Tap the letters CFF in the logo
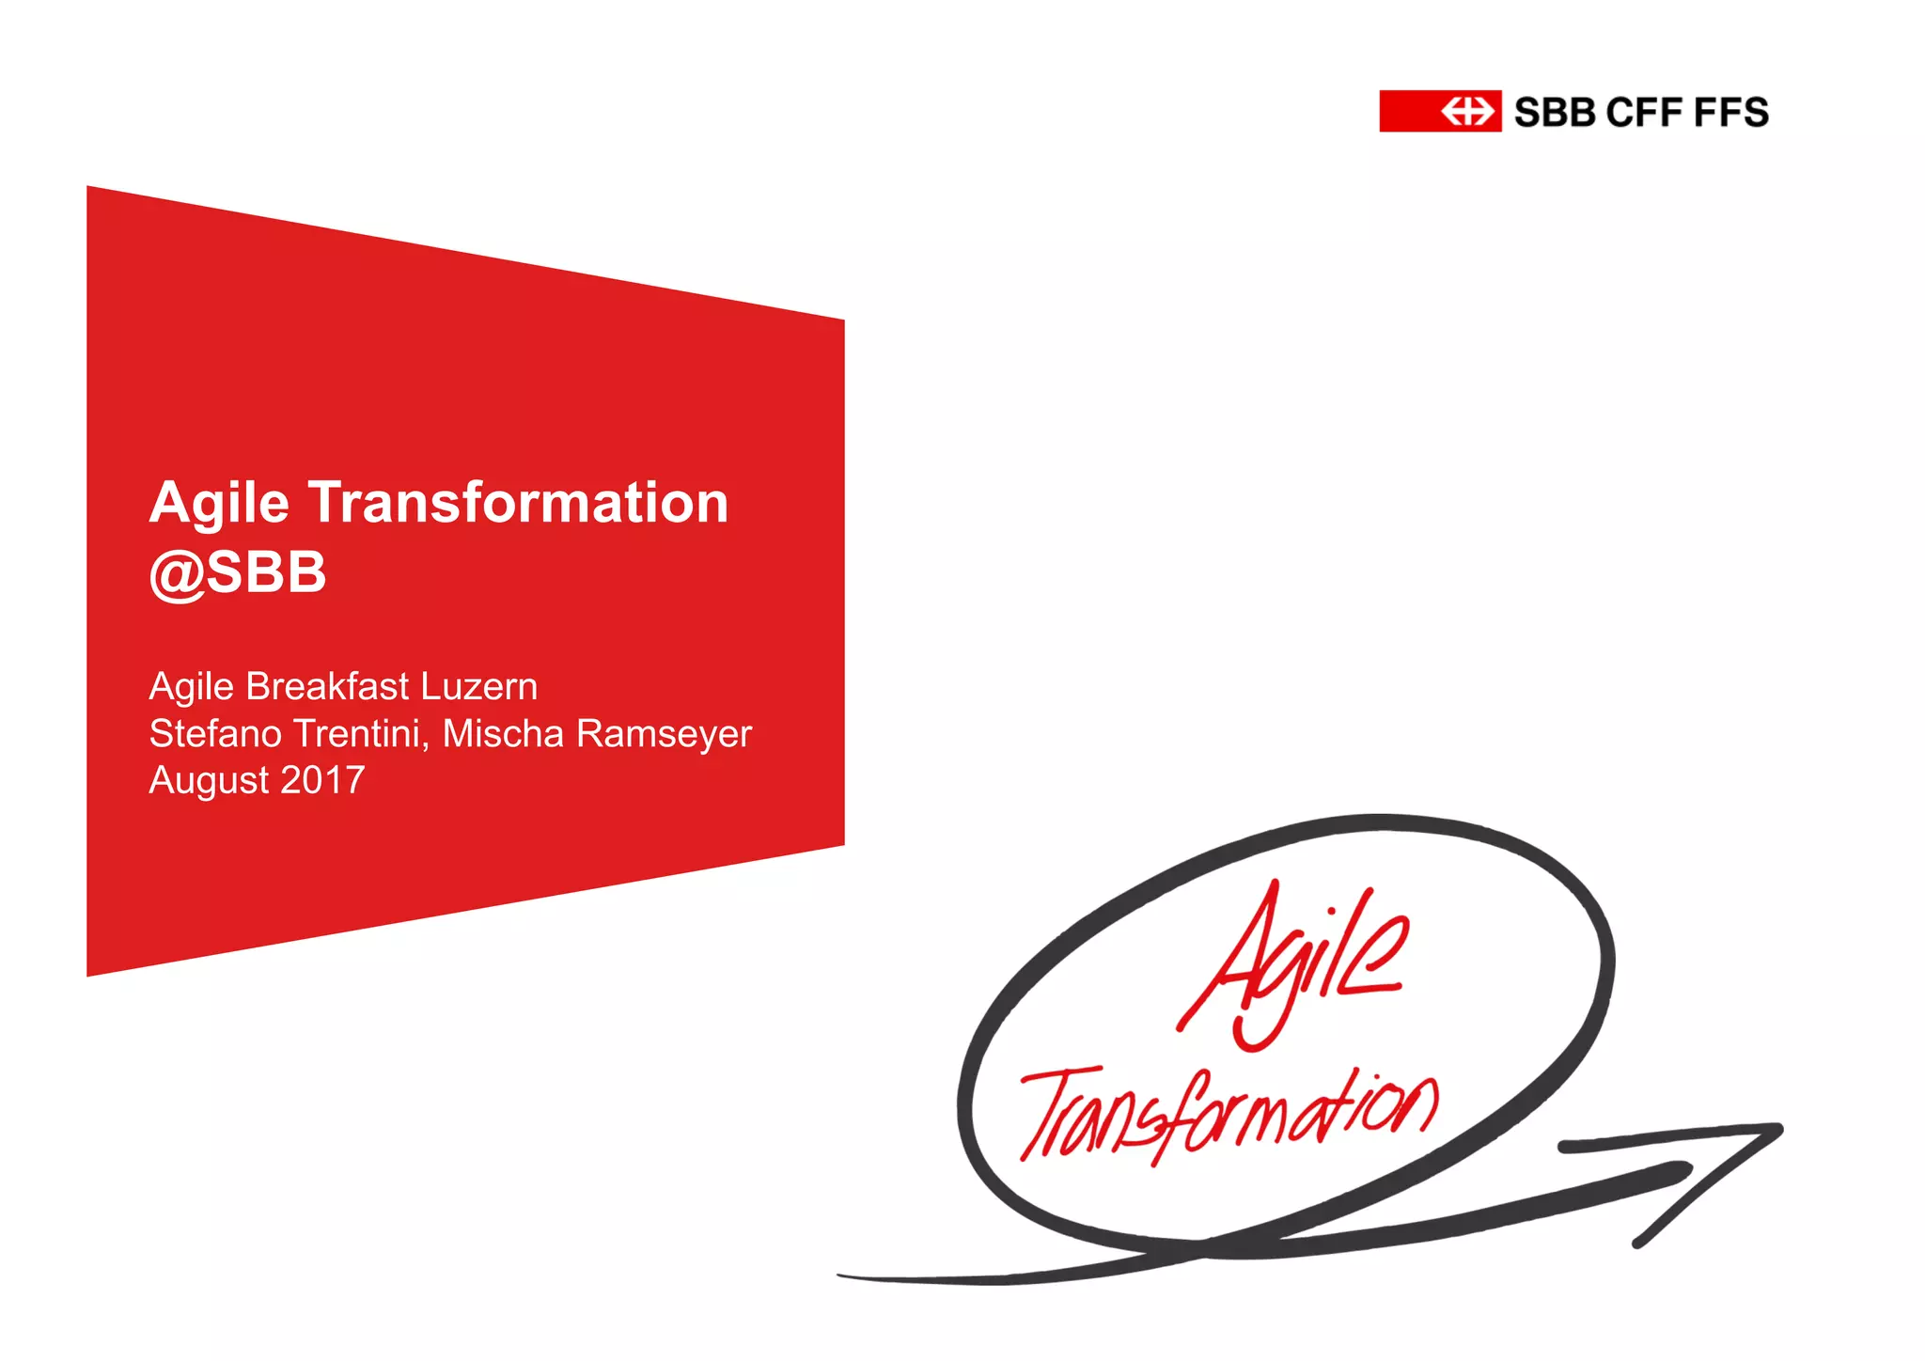pyautogui.click(x=1644, y=113)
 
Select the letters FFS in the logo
pyautogui.click(x=1731, y=113)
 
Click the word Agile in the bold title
pyautogui.click(x=219, y=504)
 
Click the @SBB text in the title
pyautogui.click(x=238, y=571)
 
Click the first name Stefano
pyautogui.click(x=215, y=734)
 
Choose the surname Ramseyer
pyautogui.click(x=664, y=734)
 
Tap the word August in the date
pyautogui.click(x=209, y=781)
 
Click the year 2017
pyautogui.click(x=322, y=780)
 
